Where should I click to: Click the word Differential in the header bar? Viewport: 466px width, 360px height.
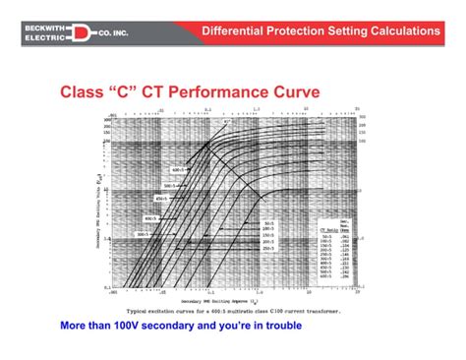(x=236, y=30)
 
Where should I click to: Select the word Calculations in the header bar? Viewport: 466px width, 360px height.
(x=402, y=30)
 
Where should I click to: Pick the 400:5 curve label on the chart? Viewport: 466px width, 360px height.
(x=150, y=218)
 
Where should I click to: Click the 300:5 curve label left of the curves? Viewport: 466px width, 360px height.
(x=145, y=235)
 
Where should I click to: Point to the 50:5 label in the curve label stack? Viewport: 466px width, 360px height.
(x=268, y=224)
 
